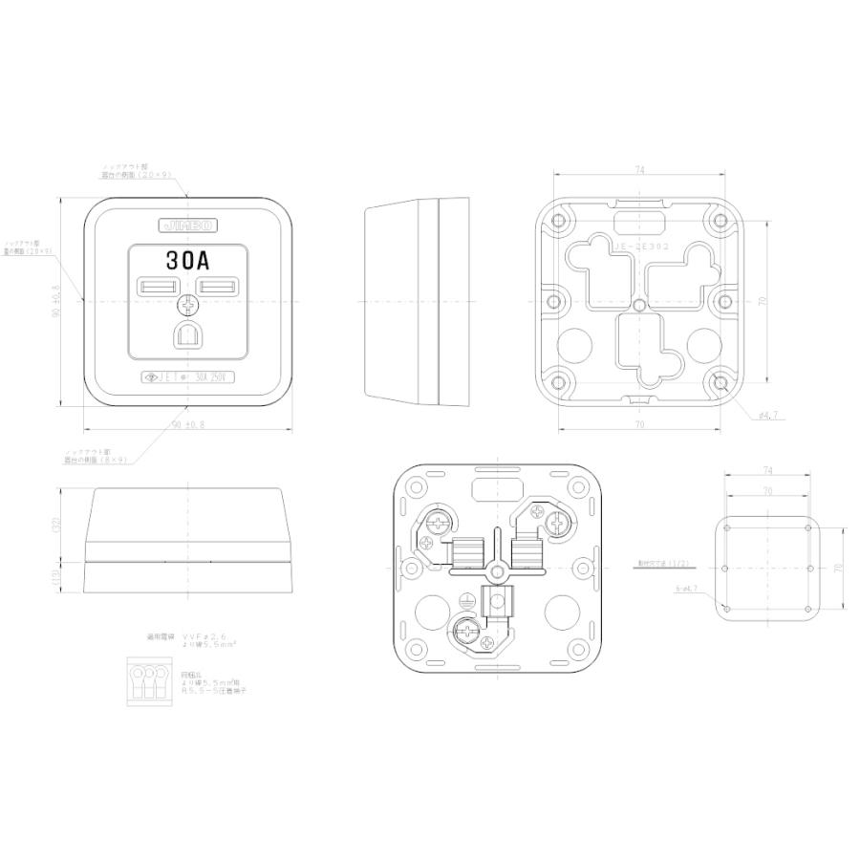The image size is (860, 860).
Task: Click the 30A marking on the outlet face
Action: coord(187,260)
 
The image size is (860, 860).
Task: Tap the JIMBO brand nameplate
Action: coord(187,226)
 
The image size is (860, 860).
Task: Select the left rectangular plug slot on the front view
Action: coord(157,287)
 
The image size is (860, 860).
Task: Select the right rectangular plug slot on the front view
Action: coord(219,287)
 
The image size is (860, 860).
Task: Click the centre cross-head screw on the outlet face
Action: coord(188,305)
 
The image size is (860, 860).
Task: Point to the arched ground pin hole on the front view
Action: coord(187,334)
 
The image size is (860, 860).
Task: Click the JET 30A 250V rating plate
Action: coord(187,376)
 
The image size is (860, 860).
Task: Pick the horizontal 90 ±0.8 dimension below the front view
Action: coord(188,423)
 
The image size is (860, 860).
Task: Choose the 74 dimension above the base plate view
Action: coord(639,170)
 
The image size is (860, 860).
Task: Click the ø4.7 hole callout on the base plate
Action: coord(770,416)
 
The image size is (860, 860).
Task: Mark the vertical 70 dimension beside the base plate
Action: coord(763,301)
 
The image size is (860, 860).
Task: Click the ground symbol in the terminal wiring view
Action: coord(465,605)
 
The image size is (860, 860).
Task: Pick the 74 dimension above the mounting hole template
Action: coord(768,469)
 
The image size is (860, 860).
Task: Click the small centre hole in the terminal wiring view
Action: coord(497,570)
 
